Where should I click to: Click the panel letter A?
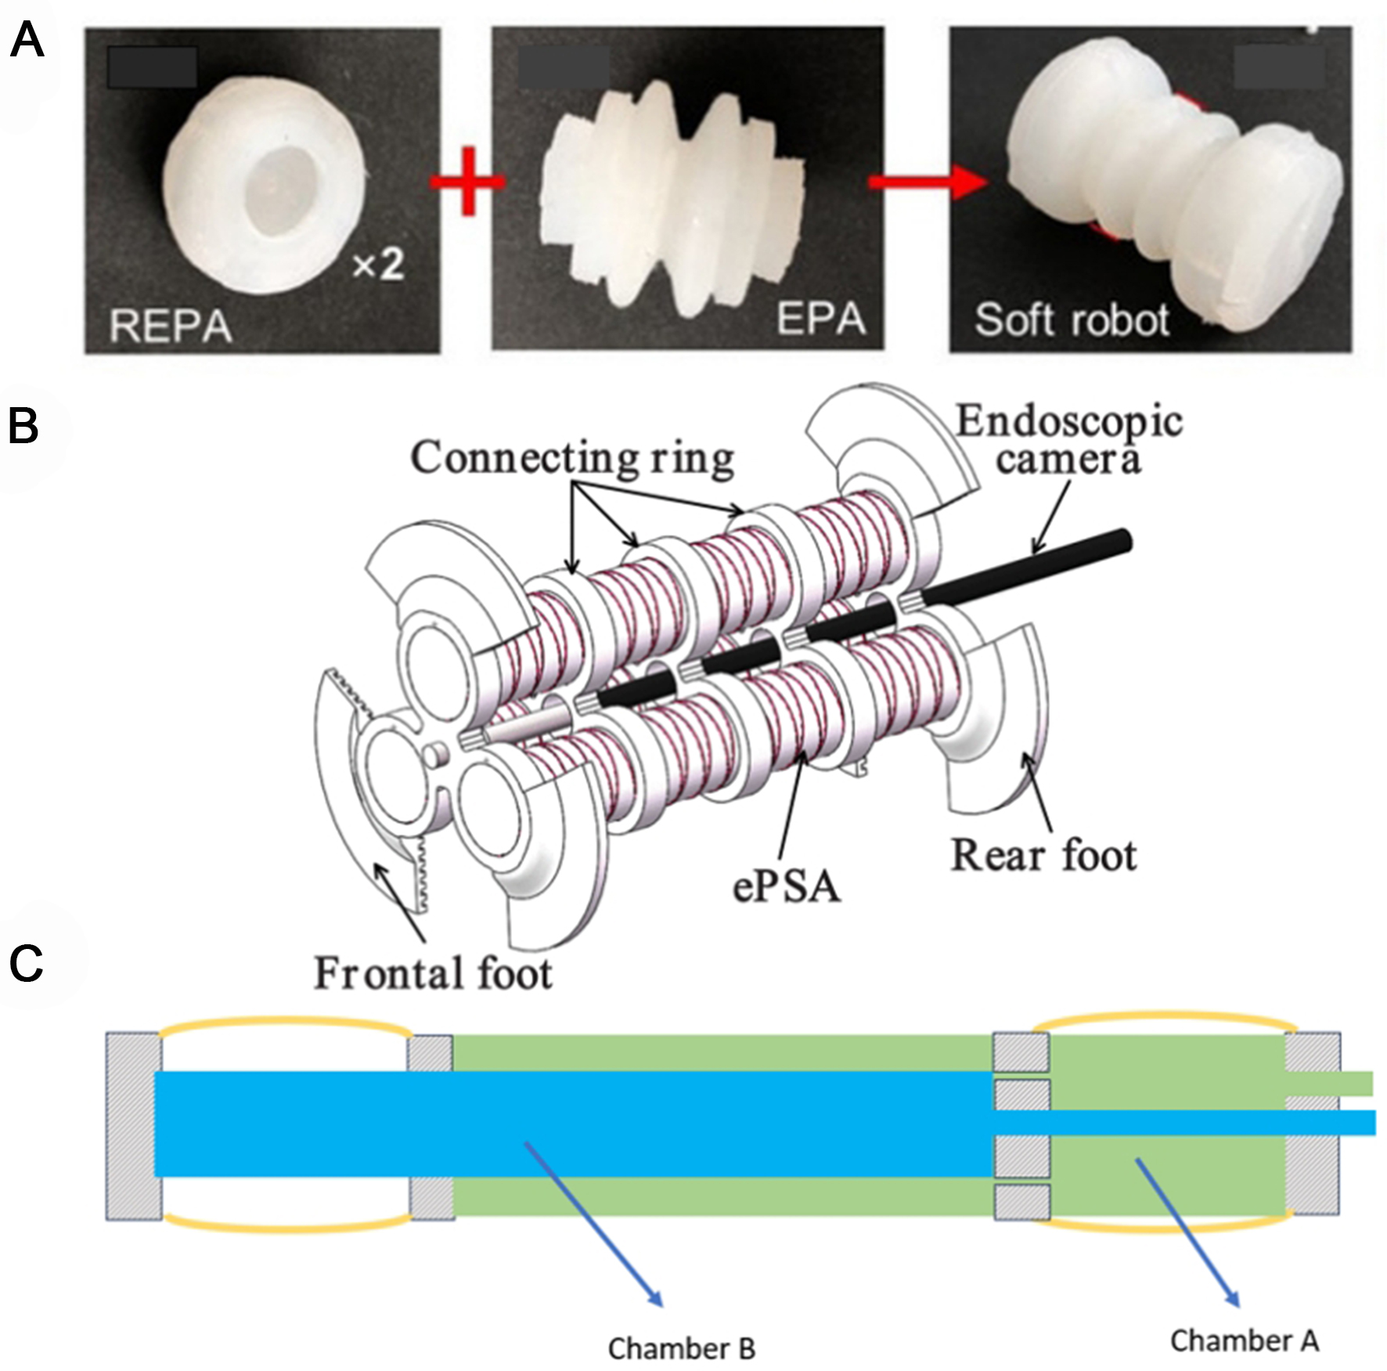tap(26, 41)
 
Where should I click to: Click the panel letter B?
tap(23, 427)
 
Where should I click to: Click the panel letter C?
tap(26, 963)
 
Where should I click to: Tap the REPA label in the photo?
tap(171, 326)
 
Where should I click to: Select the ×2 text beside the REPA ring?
tap(378, 266)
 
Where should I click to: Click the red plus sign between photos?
tap(467, 182)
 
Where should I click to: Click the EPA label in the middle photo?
tap(821, 318)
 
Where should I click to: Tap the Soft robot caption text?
tap(1071, 320)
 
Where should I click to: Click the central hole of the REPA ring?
tap(279, 192)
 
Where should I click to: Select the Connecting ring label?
tap(572, 458)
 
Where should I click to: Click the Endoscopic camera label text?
tap(1068, 440)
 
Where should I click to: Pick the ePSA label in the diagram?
tap(787, 887)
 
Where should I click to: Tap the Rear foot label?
tap(1043, 855)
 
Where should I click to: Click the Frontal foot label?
tap(433, 973)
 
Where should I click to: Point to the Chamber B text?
tap(681, 1348)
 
